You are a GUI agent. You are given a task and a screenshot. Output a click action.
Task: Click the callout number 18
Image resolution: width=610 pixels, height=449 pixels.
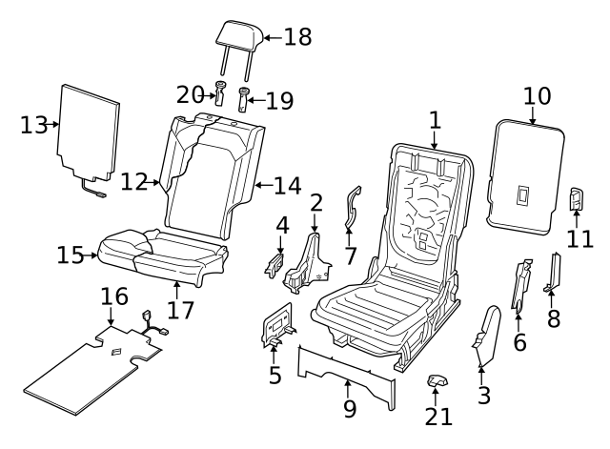pos(297,37)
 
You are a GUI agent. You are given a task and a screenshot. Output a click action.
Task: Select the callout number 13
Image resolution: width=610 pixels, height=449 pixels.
pos(32,126)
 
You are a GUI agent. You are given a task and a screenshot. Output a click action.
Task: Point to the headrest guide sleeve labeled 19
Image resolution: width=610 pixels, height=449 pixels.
pos(242,98)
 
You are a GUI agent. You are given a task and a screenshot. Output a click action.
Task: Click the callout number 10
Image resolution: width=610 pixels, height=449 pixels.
pos(537,96)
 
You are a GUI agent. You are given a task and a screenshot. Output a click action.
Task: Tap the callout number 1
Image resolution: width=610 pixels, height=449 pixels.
pos(436,121)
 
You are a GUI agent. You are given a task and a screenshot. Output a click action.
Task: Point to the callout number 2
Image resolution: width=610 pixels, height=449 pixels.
pos(316,202)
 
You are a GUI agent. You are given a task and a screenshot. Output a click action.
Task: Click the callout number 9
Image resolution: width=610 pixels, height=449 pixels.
pos(349,409)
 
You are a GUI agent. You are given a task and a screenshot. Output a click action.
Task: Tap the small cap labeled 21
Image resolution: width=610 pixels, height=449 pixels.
pos(437,382)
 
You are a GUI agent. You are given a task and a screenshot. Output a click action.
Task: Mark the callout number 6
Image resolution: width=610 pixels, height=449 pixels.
pos(519,340)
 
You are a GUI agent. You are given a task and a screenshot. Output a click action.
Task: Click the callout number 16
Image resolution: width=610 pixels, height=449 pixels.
pos(113,297)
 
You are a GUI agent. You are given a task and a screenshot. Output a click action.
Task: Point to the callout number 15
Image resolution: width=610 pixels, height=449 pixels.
pos(71,255)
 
